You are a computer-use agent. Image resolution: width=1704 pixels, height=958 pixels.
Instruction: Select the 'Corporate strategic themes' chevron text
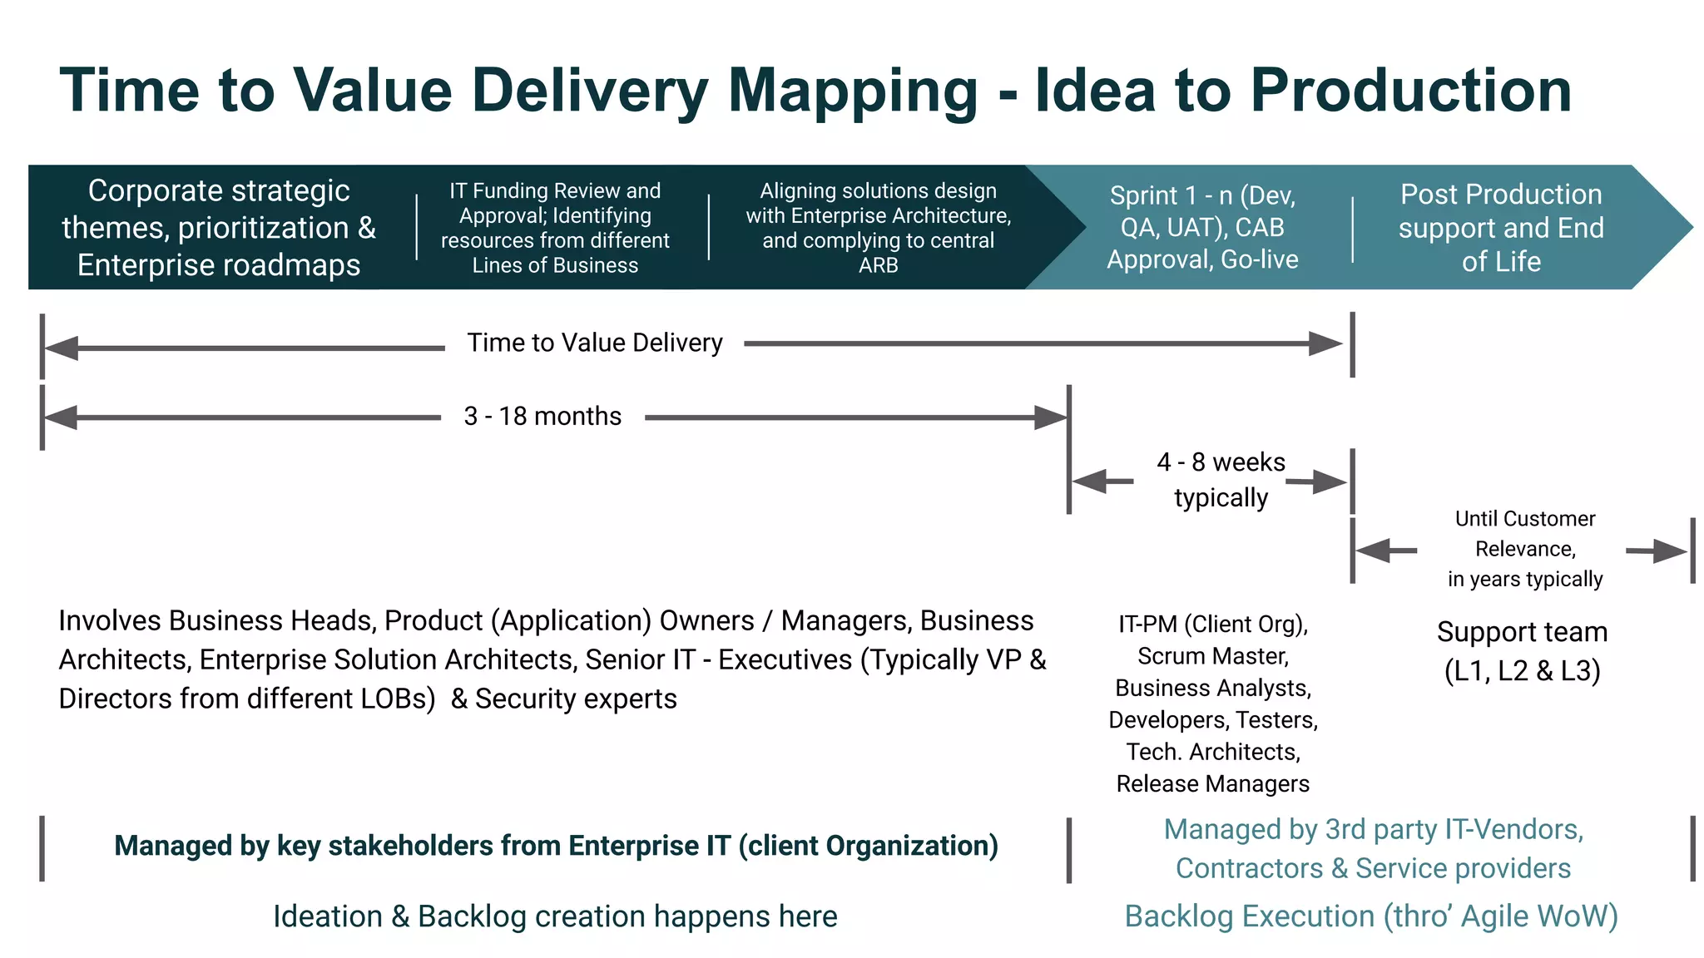point(219,227)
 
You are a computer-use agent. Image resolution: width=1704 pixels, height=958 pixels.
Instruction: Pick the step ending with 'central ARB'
point(878,227)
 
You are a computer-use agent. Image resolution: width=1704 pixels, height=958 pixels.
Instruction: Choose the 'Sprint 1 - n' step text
point(1202,227)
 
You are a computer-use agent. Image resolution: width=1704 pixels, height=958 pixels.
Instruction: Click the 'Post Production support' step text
point(1500,227)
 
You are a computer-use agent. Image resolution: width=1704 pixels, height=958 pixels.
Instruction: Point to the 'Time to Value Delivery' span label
point(594,343)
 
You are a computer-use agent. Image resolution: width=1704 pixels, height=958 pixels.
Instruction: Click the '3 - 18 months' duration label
point(542,416)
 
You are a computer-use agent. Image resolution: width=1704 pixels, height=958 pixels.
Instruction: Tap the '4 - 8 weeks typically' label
point(1221,480)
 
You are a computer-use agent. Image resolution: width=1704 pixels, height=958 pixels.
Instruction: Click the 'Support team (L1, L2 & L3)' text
point(1522,651)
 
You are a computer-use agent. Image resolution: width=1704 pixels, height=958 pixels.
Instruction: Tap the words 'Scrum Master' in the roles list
point(1213,656)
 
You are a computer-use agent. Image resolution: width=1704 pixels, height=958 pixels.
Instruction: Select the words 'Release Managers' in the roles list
point(1212,783)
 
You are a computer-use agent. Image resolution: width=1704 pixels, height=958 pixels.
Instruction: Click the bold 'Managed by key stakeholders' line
point(556,846)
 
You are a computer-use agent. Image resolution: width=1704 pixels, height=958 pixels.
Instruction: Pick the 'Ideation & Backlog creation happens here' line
point(555,916)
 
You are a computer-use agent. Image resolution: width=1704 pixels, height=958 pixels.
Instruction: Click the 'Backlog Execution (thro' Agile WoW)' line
point(1371,916)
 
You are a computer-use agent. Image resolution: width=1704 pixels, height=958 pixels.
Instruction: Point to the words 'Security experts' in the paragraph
point(576,699)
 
